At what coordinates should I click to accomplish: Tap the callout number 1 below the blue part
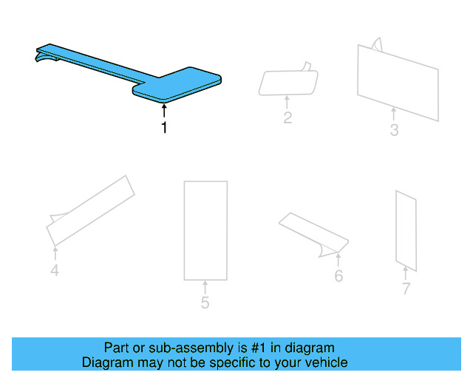point(164,128)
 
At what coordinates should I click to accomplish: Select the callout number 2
point(287,117)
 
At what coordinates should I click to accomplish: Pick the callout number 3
point(394,131)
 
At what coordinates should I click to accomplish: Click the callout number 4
point(55,271)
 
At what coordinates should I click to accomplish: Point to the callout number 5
point(205,303)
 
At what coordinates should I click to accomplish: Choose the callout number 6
point(338,277)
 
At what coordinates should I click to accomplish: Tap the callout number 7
point(406,289)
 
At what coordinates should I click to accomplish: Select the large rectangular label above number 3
point(397,81)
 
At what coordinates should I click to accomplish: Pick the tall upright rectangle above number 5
point(205,230)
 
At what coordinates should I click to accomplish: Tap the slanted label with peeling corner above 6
point(313,233)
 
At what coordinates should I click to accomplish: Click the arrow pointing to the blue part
point(164,111)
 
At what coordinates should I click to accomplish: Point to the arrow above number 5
point(205,287)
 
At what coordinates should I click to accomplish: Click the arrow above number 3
point(394,114)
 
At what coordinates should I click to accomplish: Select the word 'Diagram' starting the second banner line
point(106,362)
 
